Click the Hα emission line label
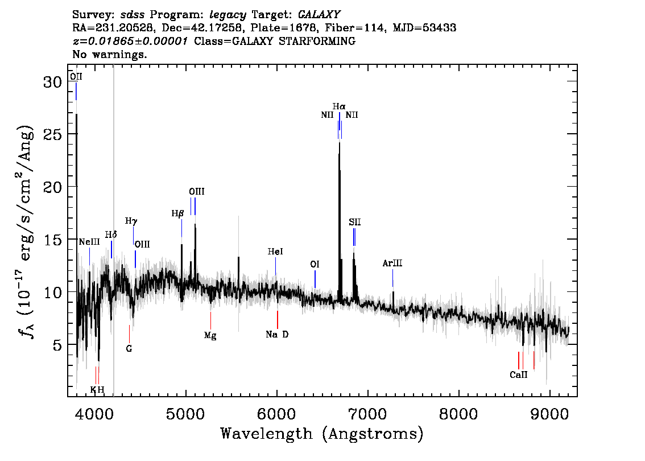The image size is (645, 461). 339,106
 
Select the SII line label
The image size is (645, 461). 355,222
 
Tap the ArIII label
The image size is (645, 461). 392,264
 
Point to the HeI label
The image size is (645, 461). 275,252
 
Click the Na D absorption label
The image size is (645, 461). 277,334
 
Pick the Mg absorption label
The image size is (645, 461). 210,335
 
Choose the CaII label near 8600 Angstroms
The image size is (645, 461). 519,375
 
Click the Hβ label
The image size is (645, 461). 178,214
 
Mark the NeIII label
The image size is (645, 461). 89,242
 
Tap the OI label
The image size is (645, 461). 315,265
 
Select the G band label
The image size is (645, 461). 129,348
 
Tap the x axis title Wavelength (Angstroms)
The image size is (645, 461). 322,434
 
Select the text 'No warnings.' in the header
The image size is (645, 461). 110,55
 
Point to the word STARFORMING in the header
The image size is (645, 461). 323,42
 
